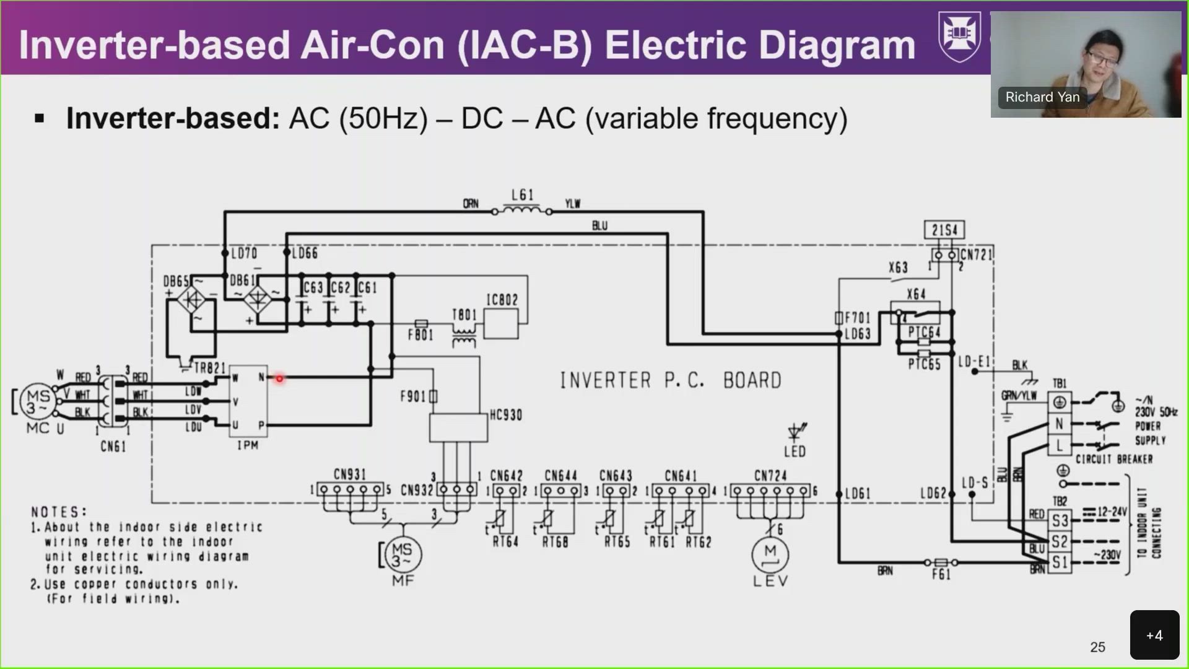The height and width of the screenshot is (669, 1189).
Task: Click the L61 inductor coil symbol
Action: pos(521,211)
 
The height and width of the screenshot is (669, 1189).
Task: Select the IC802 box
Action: pos(500,323)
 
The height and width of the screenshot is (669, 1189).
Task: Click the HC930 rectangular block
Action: pos(458,427)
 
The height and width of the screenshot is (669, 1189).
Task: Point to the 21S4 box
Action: pos(944,230)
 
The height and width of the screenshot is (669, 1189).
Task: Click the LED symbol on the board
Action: pos(795,432)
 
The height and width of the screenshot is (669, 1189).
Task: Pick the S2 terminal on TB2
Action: pos(1059,541)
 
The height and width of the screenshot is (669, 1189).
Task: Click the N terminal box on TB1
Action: pos(1059,424)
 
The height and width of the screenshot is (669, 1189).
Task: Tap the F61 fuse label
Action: pos(941,575)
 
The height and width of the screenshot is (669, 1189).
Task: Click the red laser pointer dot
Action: pos(279,378)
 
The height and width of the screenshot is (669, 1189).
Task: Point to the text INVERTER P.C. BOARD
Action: pos(670,380)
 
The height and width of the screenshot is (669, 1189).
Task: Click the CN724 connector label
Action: pos(770,476)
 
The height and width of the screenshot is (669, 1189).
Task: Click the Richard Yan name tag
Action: pos(1042,97)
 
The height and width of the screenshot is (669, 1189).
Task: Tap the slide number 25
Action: pos(1097,647)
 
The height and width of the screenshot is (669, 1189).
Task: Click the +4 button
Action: pos(1154,636)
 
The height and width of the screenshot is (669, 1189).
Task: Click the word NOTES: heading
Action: pos(59,512)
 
